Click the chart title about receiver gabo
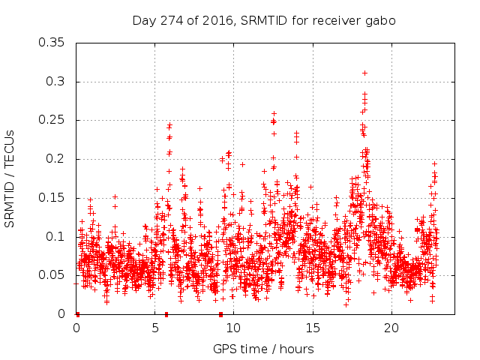point(264,20)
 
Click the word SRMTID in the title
point(262,20)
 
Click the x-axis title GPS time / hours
point(263,349)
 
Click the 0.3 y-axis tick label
point(58,82)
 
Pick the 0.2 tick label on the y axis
point(58,159)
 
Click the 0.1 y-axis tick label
point(58,236)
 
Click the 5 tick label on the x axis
point(155,328)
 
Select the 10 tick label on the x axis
point(233,328)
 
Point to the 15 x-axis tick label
point(312,328)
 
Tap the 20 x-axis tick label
point(391,328)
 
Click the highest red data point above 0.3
point(364,73)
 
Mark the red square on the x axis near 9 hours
point(220,313)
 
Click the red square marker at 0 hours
point(77,313)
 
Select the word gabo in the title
point(381,20)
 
